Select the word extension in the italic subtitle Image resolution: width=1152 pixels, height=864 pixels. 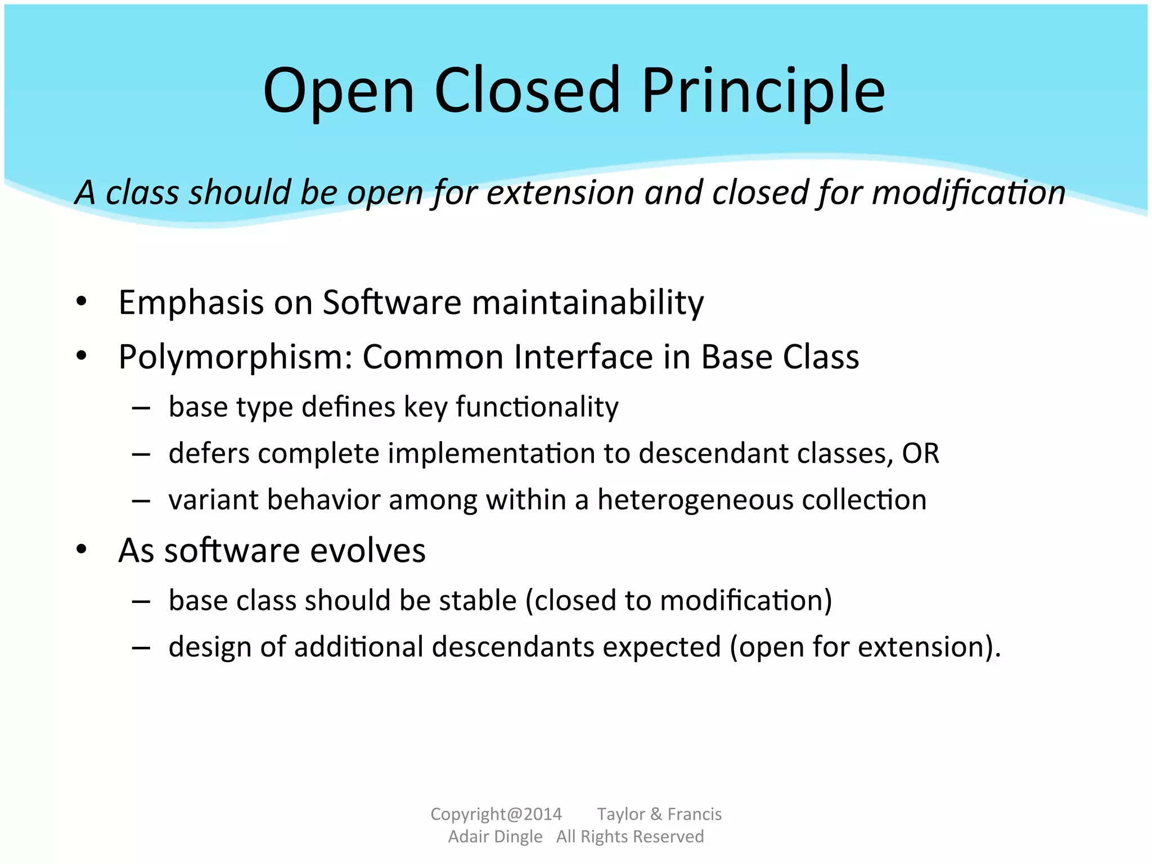[x=560, y=192]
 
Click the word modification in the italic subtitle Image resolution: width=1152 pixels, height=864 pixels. [x=969, y=192]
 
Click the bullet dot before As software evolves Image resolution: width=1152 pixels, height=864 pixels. [x=82, y=550]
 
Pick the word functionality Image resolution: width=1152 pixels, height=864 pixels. [x=537, y=407]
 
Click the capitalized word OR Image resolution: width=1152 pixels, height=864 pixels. [x=921, y=453]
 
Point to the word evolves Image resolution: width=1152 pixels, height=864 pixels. [x=368, y=550]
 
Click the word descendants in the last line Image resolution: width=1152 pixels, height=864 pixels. [x=513, y=647]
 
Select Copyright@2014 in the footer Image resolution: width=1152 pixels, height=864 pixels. [x=496, y=814]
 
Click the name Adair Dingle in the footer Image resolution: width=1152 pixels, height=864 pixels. [x=495, y=836]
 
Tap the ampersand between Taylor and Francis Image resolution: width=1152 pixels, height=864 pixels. [x=656, y=814]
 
